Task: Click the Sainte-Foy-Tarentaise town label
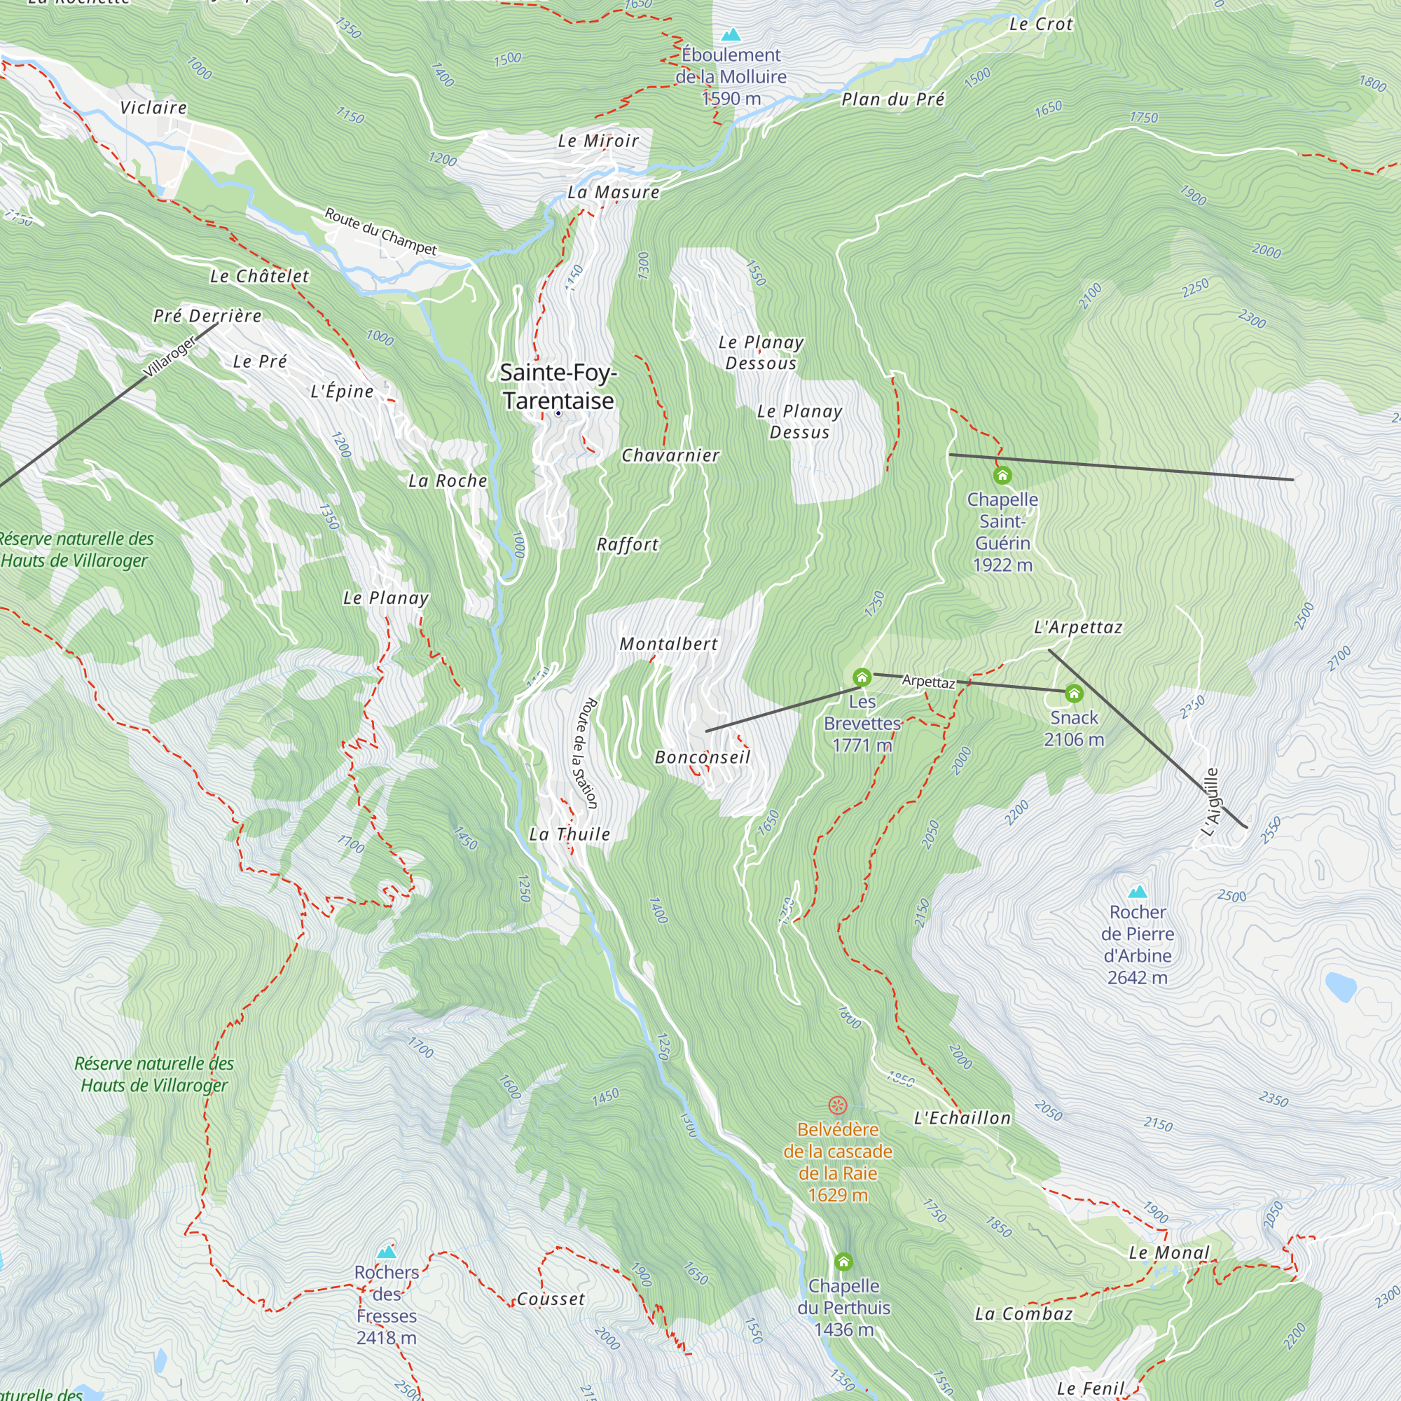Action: click(x=558, y=387)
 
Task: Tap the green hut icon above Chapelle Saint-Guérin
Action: click(x=1002, y=476)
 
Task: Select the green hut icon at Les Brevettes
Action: click(x=862, y=678)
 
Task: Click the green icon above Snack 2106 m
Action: click(x=1074, y=694)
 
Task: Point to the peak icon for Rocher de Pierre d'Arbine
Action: click(x=1137, y=891)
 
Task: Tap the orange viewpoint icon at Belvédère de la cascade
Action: click(x=838, y=1105)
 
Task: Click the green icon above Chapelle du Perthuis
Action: click(x=843, y=1262)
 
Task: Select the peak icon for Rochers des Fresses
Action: click(x=387, y=1252)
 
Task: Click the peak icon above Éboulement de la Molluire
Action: click(x=731, y=34)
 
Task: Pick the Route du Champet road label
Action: click(x=380, y=231)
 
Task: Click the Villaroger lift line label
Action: click(x=170, y=356)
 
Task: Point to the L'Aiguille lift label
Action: click(x=1210, y=802)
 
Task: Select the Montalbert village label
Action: click(x=668, y=644)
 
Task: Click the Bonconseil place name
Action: click(x=702, y=757)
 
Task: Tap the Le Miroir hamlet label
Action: click(x=598, y=141)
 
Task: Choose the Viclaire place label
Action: click(x=153, y=108)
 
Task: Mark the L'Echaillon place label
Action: click(x=962, y=1118)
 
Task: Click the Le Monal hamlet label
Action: click(x=1169, y=1252)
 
